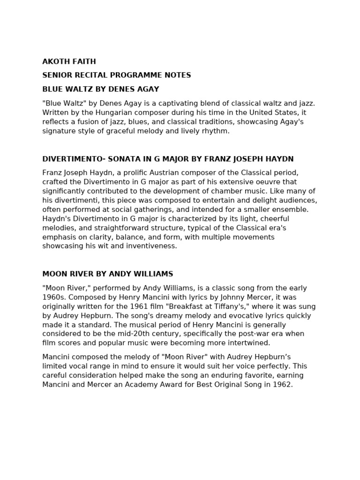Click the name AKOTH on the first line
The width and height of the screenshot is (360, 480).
click(x=56, y=61)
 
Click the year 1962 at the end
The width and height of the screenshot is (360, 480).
click(x=283, y=384)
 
